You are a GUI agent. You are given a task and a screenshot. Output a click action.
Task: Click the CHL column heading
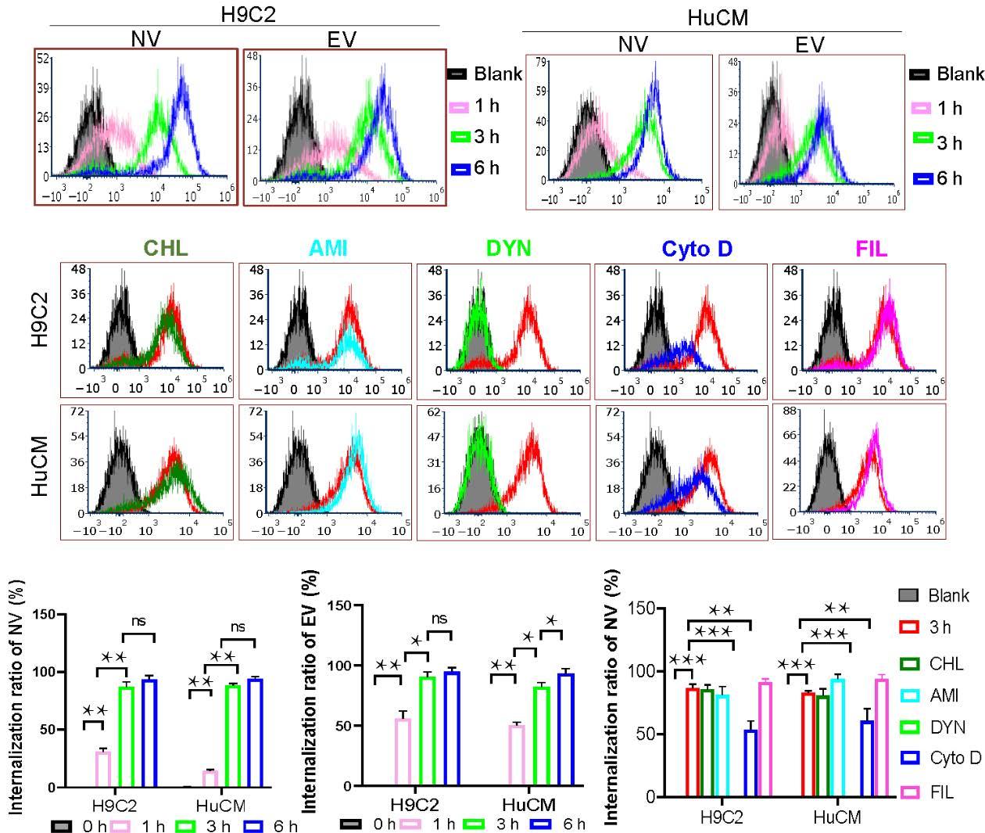click(x=166, y=249)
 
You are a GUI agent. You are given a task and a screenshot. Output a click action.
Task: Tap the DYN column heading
click(x=509, y=249)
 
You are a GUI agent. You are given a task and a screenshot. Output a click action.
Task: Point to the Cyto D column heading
click(x=697, y=249)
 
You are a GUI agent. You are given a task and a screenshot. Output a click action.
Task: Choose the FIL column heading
click(x=872, y=249)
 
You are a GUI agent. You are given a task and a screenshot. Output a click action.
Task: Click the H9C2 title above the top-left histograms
click(x=249, y=15)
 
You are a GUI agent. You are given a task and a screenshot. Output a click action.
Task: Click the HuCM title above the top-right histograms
click(x=717, y=20)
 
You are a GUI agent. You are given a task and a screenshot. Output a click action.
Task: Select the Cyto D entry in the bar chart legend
click(x=942, y=758)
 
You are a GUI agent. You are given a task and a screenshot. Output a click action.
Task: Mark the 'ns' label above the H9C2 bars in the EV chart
click(x=439, y=619)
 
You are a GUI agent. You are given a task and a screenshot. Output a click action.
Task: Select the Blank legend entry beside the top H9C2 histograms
click(x=485, y=74)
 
